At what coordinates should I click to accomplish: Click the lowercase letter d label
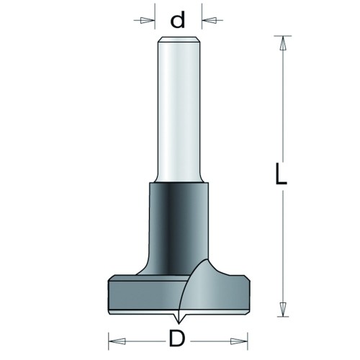tap(178, 19)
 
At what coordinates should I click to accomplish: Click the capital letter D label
tap(177, 338)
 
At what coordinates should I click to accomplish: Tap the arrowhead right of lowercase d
tap(209, 20)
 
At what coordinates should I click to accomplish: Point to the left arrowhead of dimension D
tap(117, 341)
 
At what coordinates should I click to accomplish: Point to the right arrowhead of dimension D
tap(239, 341)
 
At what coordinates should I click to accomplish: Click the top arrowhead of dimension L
tap(283, 43)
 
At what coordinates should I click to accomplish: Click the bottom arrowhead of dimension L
tap(283, 310)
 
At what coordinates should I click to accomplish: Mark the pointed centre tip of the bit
tap(178, 323)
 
